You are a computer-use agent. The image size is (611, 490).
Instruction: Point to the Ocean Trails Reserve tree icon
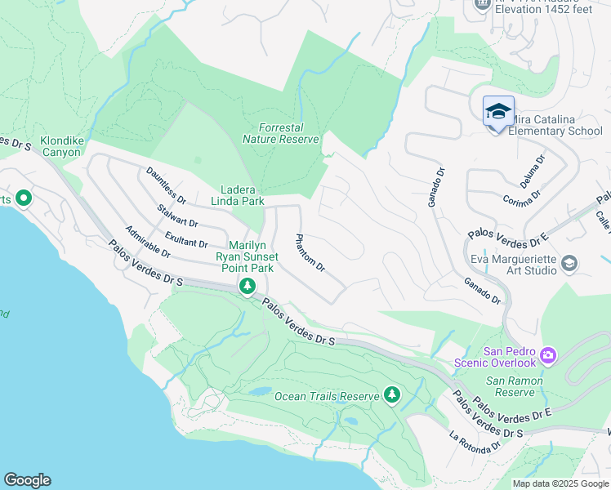coord(392,396)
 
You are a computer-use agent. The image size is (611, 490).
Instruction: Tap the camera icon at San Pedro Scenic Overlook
coord(548,356)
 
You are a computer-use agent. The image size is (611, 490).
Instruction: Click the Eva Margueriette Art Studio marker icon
coord(569,263)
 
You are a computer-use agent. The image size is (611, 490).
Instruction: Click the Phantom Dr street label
coord(310,254)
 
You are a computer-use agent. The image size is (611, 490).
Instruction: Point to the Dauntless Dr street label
coord(167,186)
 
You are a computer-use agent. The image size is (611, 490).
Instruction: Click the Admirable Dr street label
coord(148,242)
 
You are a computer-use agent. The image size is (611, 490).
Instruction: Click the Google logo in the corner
coord(27,480)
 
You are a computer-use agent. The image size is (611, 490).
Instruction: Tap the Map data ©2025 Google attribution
coord(560,483)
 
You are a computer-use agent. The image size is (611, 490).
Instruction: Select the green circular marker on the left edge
coord(23,198)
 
